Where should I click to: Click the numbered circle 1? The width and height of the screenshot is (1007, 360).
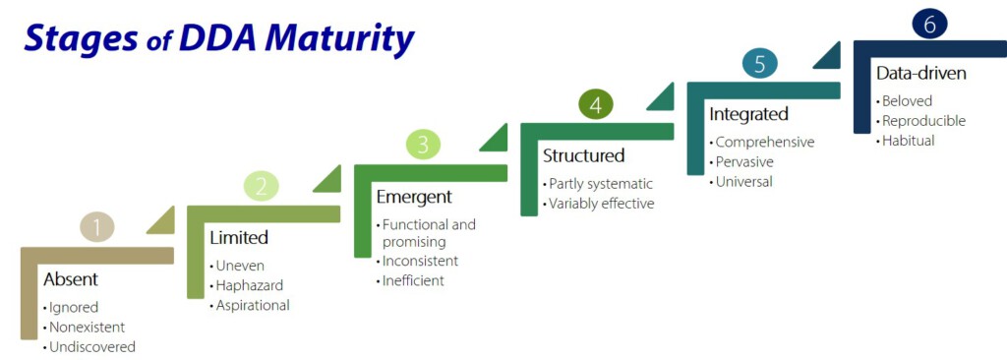97,227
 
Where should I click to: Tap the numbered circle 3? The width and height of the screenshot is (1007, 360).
423,145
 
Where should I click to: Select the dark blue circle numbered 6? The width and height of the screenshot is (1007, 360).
929,25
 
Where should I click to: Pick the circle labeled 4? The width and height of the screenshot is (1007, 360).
596,105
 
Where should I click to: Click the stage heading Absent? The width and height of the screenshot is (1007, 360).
71,279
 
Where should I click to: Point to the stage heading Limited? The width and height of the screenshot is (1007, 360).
239,237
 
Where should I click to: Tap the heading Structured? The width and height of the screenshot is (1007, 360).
584,155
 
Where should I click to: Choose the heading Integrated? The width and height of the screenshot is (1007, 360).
748,114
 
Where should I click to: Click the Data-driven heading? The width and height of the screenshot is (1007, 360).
920,74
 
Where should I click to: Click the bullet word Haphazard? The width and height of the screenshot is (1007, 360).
249,285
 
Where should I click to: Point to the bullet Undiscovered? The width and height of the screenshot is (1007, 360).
92,346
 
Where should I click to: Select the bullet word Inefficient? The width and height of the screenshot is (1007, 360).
413,280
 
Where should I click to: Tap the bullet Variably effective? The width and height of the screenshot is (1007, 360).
602,204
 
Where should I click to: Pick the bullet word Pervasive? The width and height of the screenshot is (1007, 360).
744,161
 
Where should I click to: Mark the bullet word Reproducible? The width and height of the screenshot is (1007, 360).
923,120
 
